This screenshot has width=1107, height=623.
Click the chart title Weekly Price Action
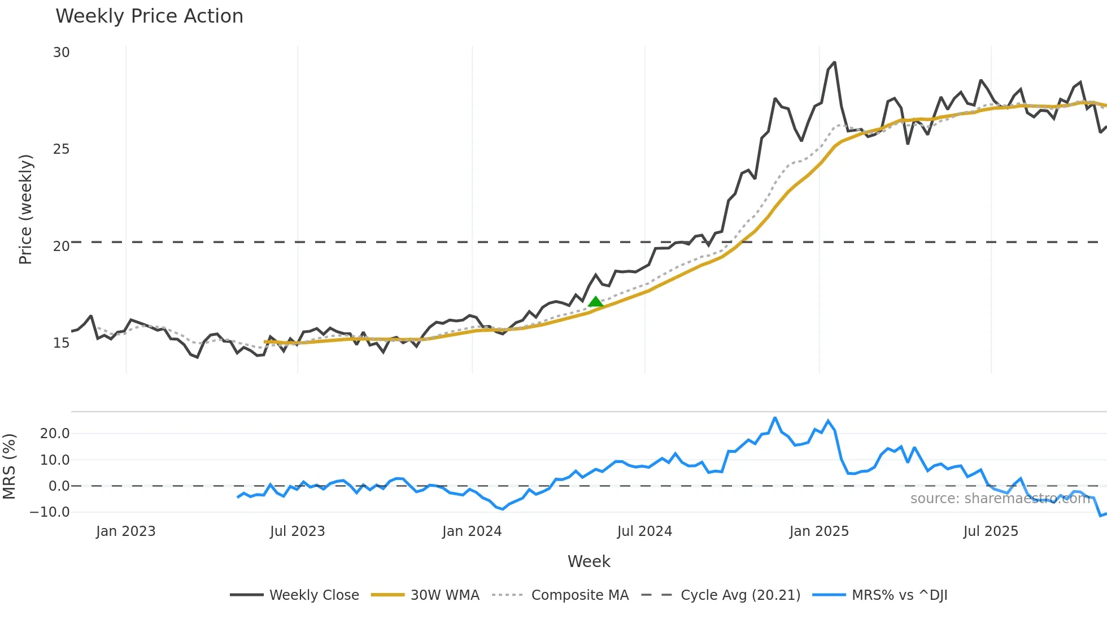click(x=149, y=16)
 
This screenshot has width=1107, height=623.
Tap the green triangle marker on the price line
click(x=595, y=302)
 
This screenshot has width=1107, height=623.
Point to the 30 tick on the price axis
click(x=61, y=53)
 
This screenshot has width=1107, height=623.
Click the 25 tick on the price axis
click(x=61, y=149)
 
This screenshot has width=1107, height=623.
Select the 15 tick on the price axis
click(x=61, y=343)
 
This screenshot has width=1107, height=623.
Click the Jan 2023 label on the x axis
click(x=125, y=531)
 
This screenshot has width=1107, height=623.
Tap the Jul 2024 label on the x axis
click(x=644, y=531)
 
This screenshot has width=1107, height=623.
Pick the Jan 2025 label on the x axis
click(x=818, y=531)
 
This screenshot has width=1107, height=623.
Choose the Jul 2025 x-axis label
click(x=991, y=531)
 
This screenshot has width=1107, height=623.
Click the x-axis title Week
click(x=589, y=561)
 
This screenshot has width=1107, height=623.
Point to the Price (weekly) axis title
click(x=26, y=209)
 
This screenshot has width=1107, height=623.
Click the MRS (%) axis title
click(x=10, y=466)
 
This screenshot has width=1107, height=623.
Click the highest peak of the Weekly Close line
click(x=834, y=63)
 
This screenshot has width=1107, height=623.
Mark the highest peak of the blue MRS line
click(x=775, y=418)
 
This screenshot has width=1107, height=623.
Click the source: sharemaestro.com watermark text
click(x=1000, y=499)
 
